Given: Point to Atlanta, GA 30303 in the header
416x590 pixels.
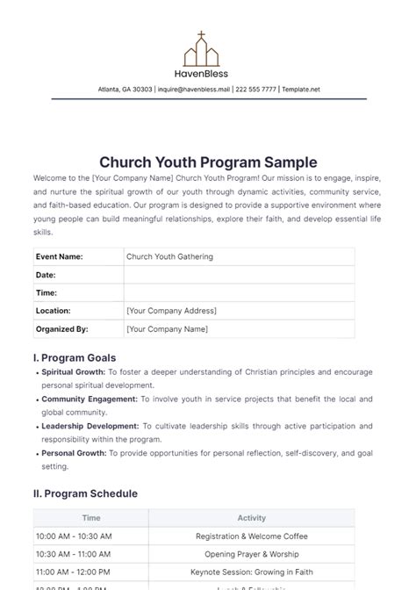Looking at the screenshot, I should point(126,90).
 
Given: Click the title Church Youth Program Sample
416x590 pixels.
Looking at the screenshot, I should point(208,162).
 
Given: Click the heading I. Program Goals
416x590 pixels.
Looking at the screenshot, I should point(74,358).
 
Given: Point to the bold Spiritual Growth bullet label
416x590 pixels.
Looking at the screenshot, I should point(73,372).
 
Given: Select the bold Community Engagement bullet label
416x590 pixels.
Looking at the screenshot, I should point(89,399).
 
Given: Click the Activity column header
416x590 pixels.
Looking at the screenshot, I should point(251,518).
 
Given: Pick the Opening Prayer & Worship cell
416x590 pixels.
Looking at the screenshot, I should point(251,554).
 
